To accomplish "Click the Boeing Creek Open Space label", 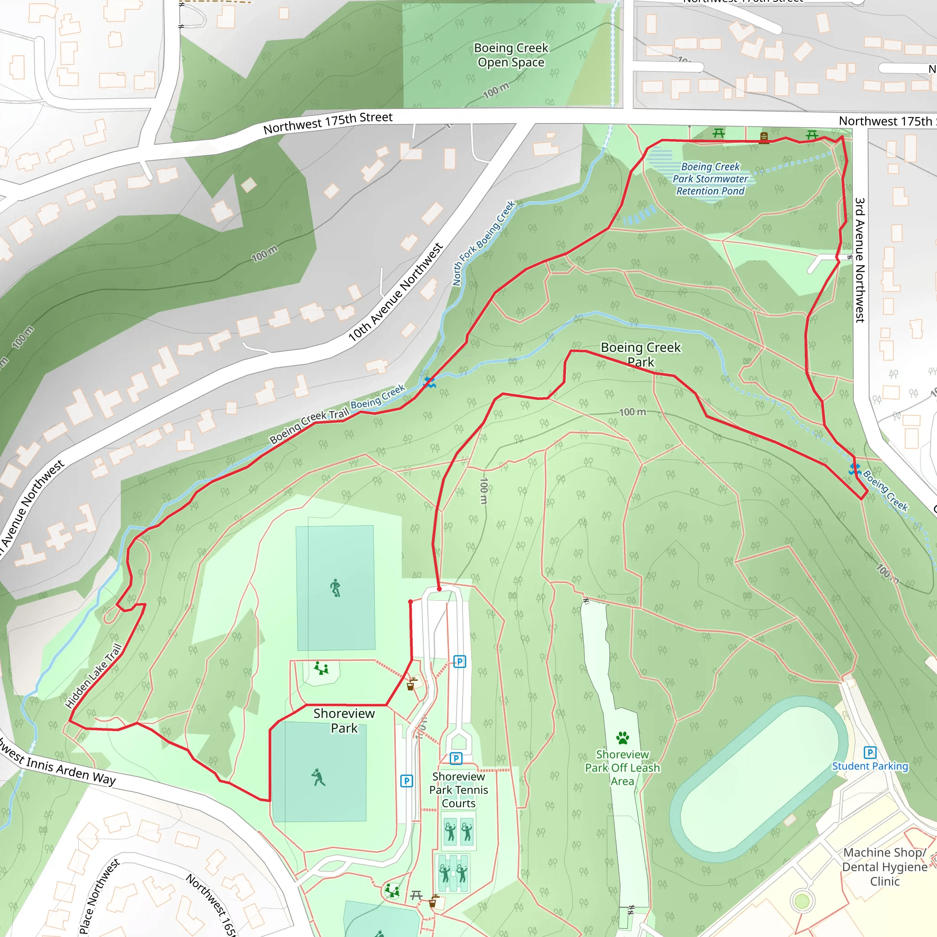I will pyautogui.click(x=511, y=55).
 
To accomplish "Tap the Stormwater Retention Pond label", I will pyautogui.click(x=710, y=179).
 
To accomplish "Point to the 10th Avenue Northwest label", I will pyautogui.click(x=395, y=292).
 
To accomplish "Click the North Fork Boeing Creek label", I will pyautogui.click(x=484, y=243).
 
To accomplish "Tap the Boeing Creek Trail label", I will pyautogui.click(x=309, y=426).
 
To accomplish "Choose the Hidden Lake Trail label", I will pyautogui.click(x=94, y=676).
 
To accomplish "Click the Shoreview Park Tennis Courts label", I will pyautogui.click(x=458, y=790).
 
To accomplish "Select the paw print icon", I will pyautogui.click(x=623, y=738).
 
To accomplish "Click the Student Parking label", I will pyautogui.click(x=870, y=766).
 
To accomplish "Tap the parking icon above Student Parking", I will pyautogui.click(x=870, y=752).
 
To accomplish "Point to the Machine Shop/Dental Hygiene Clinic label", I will pyautogui.click(x=885, y=867).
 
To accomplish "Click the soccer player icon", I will pyautogui.click(x=335, y=588).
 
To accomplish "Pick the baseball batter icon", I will pyautogui.click(x=318, y=777).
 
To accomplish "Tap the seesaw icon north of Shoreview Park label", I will pyautogui.click(x=321, y=668).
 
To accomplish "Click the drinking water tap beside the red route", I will pyautogui.click(x=411, y=684).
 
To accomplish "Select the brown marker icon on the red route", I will pyautogui.click(x=764, y=138).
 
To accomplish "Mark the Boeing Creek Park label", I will pyautogui.click(x=641, y=355).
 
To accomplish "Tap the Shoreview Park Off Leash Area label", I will pyautogui.click(x=622, y=768).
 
